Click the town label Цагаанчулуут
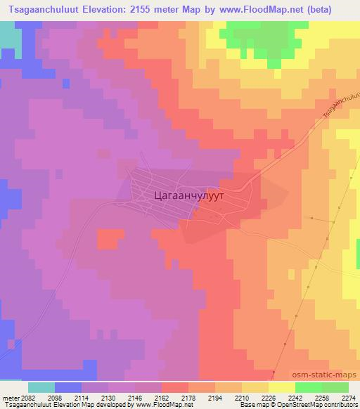[188, 197]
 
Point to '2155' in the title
[154, 10]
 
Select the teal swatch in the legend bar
[41, 387]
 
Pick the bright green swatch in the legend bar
[308, 387]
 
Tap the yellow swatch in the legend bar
[281, 387]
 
